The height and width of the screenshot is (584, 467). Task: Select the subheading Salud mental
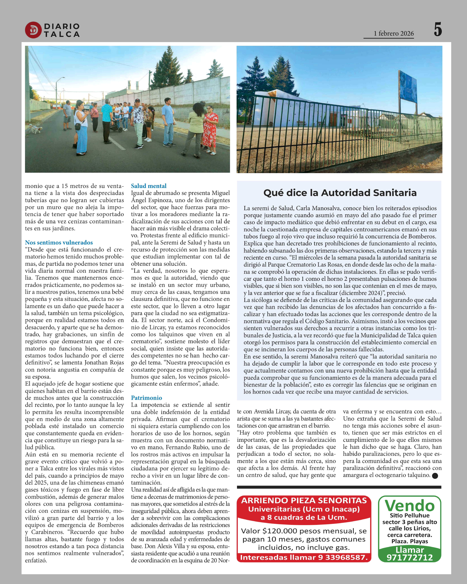(x=149, y=186)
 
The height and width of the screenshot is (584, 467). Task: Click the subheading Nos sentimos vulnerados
(x=59, y=242)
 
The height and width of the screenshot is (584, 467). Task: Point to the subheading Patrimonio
(x=146, y=398)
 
